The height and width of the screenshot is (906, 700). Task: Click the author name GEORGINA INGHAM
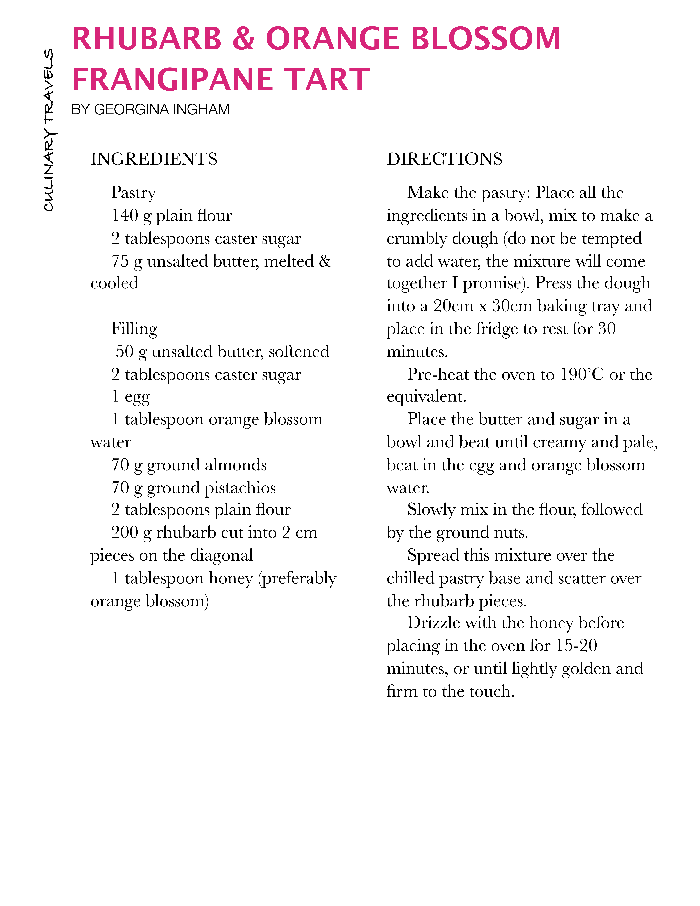(x=162, y=109)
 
